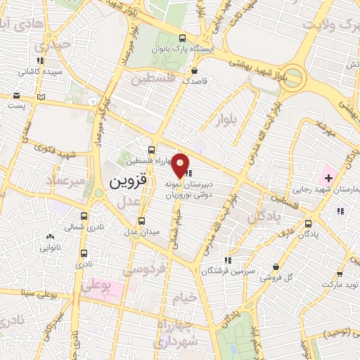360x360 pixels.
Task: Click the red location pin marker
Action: [181, 165]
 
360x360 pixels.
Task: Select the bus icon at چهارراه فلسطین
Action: [152, 150]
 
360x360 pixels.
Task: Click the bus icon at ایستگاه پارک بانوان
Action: [183, 39]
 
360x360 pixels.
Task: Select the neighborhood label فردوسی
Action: [163, 268]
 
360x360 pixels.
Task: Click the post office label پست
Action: [15, 105]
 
